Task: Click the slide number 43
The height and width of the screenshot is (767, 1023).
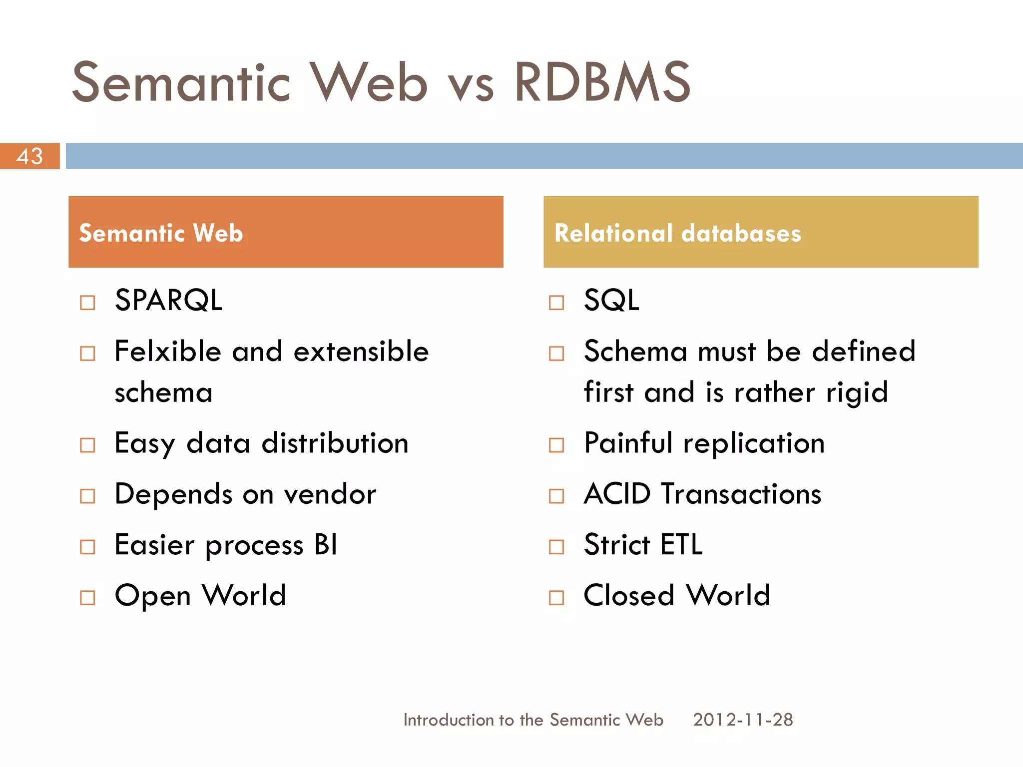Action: tap(29, 156)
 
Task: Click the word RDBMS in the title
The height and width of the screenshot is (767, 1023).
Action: tap(602, 82)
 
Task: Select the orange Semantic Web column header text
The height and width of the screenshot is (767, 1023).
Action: tap(161, 233)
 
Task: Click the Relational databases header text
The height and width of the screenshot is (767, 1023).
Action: tap(677, 233)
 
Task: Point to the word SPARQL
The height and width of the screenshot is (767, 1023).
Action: tap(168, 300)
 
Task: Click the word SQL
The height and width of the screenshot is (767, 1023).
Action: tap(611, 300)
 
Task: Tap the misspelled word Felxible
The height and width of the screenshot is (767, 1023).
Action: tap(167, 351)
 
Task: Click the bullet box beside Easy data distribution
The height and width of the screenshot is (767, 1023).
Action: tap(87, 445)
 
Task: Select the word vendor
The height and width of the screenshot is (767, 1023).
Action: tap(330, 494)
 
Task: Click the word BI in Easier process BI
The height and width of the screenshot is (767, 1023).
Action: tap(326, 545)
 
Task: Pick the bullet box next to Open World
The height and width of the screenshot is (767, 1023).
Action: tap(87, 597)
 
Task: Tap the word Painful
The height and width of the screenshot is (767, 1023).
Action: tap(628, 443)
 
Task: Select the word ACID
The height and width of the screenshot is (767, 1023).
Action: tap(617, 494)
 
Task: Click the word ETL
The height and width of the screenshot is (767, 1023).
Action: tap(681, 544)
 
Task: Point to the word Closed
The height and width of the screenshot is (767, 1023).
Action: tap(628, 595)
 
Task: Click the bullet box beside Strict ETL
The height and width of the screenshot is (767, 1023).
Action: tap(556, 547)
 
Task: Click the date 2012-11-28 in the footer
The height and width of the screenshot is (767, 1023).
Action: tap(743, 720)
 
